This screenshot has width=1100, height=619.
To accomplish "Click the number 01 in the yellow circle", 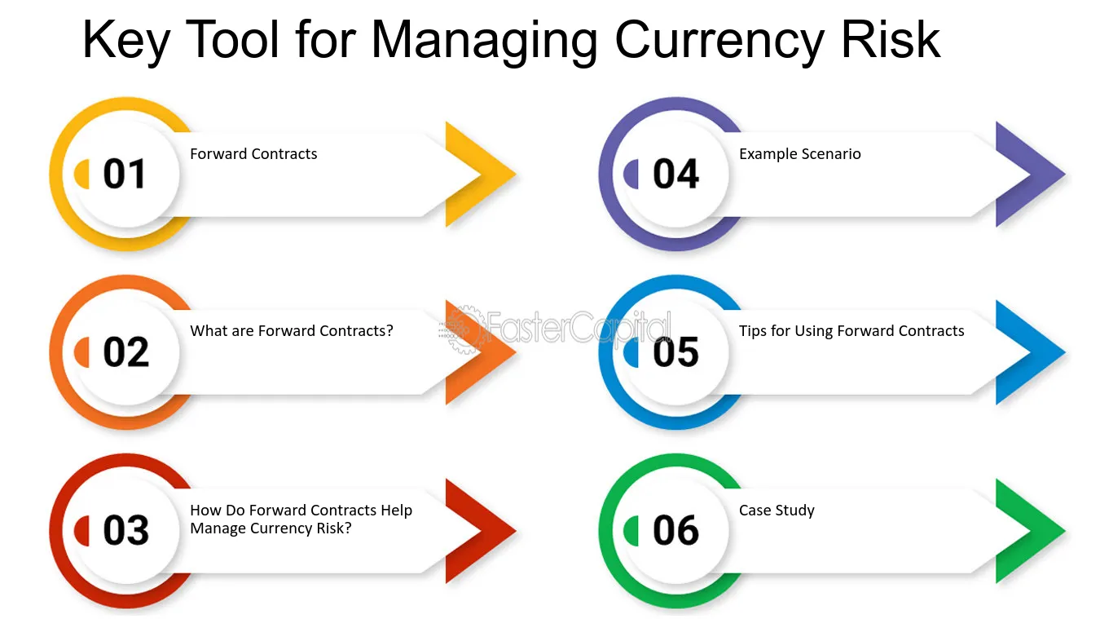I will coord(124,175).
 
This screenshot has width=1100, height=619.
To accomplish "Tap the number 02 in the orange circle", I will coord(125,352).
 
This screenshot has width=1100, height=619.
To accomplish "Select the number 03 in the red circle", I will coord(125,531).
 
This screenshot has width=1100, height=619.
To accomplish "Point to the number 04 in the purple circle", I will coord(675,175).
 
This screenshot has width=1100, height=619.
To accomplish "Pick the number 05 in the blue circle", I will coord(675,352).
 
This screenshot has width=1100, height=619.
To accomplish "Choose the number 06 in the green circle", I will coord(675,531).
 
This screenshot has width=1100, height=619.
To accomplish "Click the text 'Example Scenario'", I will coord(799,154).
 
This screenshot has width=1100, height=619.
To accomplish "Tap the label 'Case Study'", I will coord(777,511).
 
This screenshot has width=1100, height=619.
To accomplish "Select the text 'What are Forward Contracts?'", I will coord(292,331).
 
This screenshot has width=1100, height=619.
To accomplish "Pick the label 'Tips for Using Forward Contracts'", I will coord(851,331).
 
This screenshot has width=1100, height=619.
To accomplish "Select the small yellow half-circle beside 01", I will coord(82,175).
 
